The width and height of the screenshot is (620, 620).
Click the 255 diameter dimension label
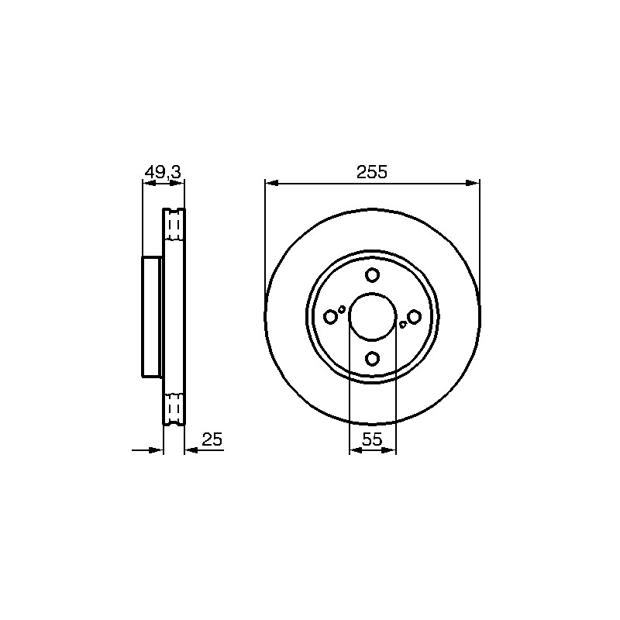coord(372,172)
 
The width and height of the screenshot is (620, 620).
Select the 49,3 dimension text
coord(163,172)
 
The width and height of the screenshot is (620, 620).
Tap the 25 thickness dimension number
coord(212,439)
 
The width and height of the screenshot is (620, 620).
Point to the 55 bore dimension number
coord(372,439)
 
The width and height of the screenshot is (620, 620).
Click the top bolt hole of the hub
coord(372,275)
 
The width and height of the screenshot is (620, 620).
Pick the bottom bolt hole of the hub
coord(372,359)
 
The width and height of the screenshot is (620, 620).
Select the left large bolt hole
coord(330,317)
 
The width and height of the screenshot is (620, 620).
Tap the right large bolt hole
coord(414,317)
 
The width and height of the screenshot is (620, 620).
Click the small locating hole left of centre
coord(342,308)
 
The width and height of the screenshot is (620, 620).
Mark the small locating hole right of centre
coord(402,325)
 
